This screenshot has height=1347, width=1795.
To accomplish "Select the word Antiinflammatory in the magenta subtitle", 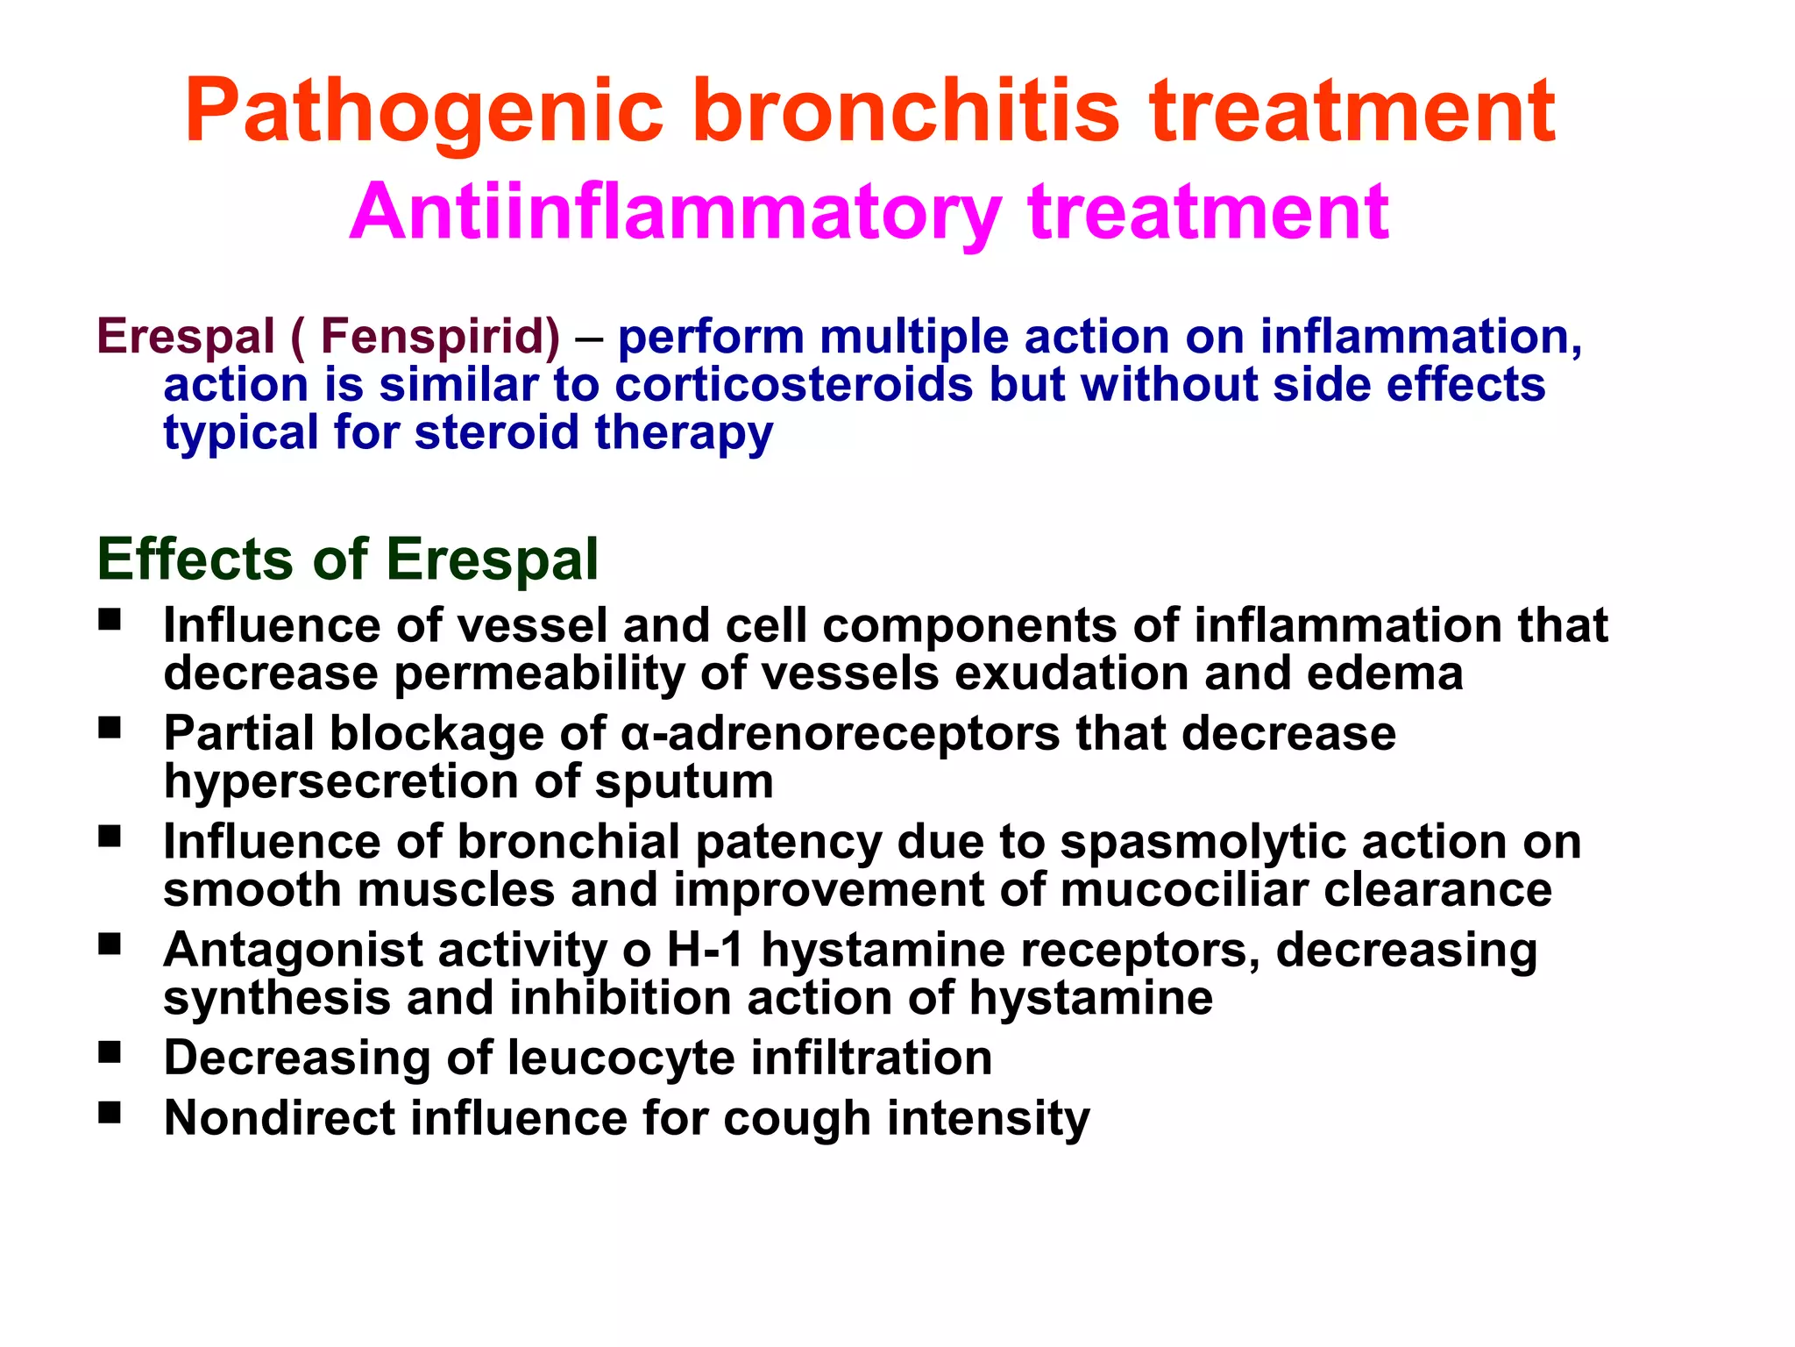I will (675, 212).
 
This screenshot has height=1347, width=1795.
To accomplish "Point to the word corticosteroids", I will (794, 384).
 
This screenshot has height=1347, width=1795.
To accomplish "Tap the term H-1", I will (706, 949).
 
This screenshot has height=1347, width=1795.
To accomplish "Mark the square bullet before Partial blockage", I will (110, 728).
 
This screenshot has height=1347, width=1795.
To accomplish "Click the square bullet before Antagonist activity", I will (110, 944).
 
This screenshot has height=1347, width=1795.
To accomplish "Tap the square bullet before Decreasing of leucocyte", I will (110, 1052).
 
